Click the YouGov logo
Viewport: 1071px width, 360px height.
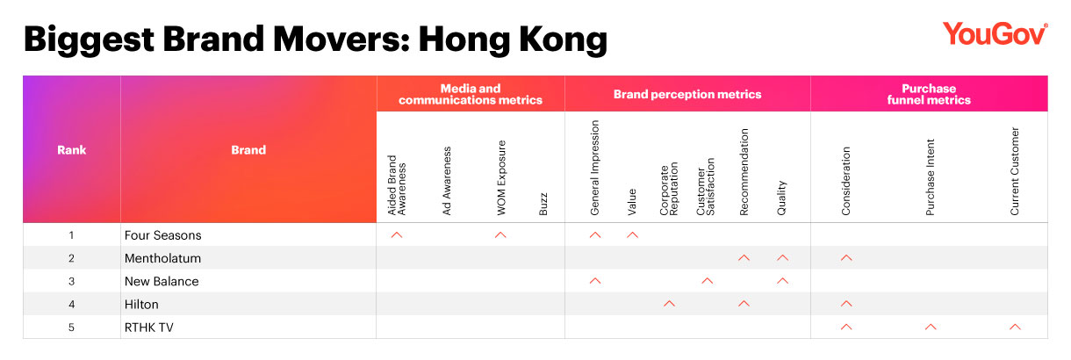(995, 34)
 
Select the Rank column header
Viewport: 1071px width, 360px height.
(72, 150)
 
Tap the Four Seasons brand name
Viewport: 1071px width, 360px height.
(162, 235)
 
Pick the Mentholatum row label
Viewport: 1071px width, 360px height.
(162, 258)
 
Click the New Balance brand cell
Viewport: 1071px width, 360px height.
(162, 281)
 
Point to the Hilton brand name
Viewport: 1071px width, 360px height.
(141, 304)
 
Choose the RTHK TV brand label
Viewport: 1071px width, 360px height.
(148, 328)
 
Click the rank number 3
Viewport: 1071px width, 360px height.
(72, 281)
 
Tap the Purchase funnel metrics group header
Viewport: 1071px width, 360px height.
(929, 94)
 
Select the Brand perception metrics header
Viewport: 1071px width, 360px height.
(687, 94)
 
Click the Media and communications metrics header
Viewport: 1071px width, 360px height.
(471, 94)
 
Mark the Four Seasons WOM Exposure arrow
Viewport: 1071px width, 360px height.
(500, 234)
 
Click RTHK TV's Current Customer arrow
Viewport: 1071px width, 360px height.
(1015, 327)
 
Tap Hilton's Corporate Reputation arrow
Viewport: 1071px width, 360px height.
(669, 304)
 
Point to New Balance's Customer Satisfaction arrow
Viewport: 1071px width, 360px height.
(708, 281)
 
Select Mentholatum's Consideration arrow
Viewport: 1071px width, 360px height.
(846, 257)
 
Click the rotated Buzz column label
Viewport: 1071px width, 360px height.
(543, 204)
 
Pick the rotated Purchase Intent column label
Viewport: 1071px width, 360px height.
(930, 177)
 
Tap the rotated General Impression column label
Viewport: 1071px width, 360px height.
(595, 168)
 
